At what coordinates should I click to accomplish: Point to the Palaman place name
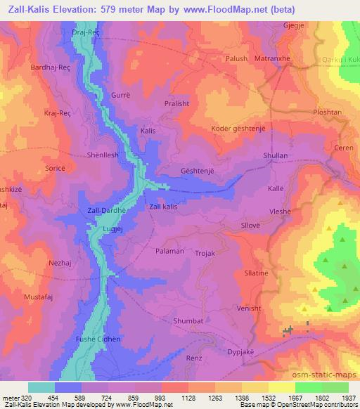(169, 249)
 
